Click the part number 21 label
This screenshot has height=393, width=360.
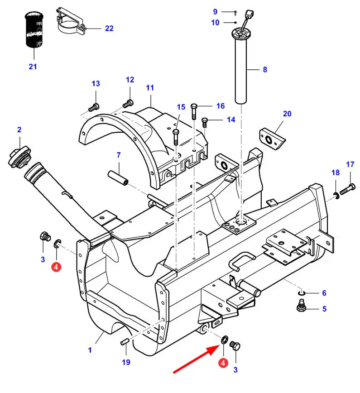pyautogui.click(x=33, y=67)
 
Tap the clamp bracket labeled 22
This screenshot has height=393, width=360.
pyautogui.click(x=71, y=22)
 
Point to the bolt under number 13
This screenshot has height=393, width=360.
pyautogui.click(x=94, y=107)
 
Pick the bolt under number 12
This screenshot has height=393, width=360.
pyautogui.click(x=128, y=103)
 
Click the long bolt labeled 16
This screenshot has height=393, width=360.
pyautogui.click(x=194, y=111)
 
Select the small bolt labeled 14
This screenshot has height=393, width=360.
pyautogui.click(x=205, y=122)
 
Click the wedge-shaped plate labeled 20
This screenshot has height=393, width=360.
pyautogui.click(x=272, y=139)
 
